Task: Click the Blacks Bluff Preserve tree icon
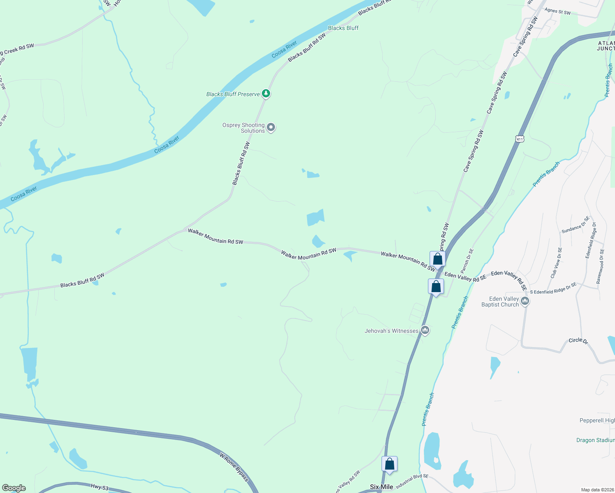(x=266, y=94)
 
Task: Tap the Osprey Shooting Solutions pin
(x=271, y=127)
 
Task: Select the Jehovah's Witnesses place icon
(x=425, y=330)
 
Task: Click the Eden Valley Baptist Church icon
(x=525, y=302)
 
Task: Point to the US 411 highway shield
(x=520, y=139)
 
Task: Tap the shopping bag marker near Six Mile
(x=389, y=464)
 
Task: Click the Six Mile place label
(x=381, y=487)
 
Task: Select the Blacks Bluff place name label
(x=343, y=28)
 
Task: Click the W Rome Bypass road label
(x=234, y=467)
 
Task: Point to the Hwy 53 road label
(x=99, y=487)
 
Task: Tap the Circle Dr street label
(x=578, y=341)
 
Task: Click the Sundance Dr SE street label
(x=576, y=225)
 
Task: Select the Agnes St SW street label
(x=557, y=12)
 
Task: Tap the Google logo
(x=14, y=488)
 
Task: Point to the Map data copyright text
(x=597, y=490)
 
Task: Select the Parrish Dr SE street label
(x=467, y=261)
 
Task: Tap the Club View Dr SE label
(x=555, y=263)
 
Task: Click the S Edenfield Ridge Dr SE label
(x=553, y=288)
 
